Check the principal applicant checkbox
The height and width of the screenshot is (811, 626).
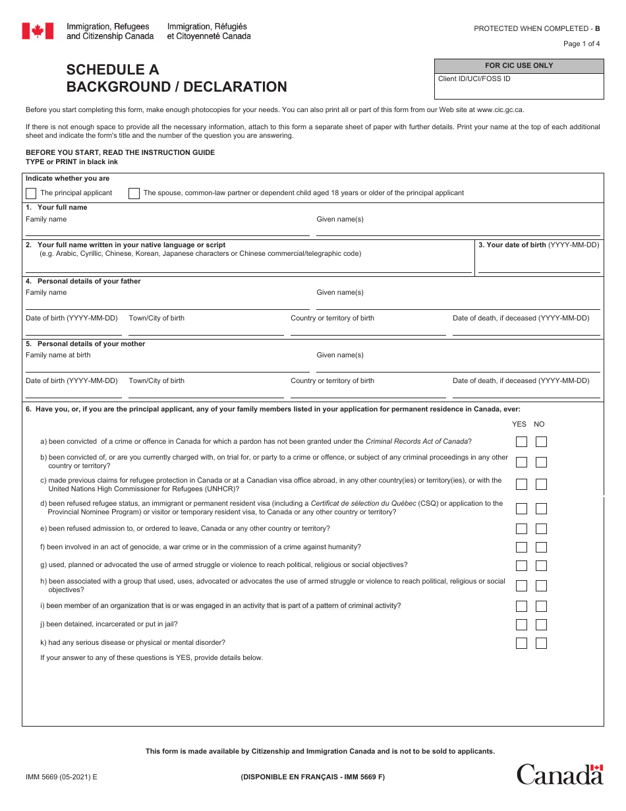31,193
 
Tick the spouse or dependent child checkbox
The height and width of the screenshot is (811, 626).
134,193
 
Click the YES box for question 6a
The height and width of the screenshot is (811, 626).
521,442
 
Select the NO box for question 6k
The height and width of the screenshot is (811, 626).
541,643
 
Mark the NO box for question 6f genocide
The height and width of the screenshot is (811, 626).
541,547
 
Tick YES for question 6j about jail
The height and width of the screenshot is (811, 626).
521,624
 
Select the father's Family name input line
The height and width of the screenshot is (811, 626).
167,303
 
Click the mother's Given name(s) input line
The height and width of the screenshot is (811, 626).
458,365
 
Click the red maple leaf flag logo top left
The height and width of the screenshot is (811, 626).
38,31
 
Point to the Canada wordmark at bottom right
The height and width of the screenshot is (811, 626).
559,774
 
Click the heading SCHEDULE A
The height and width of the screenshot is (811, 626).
113,70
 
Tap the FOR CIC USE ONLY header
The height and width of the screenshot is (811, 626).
519,66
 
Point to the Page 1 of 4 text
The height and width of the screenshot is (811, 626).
581,44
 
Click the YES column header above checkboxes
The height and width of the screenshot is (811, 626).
519,424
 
